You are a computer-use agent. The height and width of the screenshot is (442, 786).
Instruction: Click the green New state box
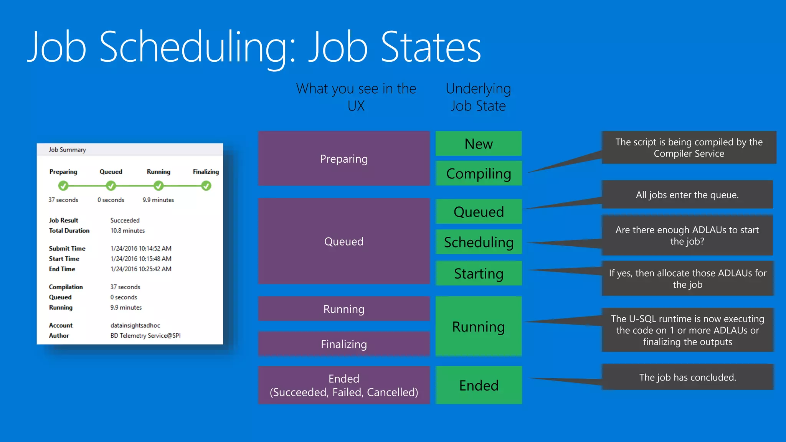click(478, 143)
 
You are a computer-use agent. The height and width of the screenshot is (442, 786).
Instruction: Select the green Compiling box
click(478, 173)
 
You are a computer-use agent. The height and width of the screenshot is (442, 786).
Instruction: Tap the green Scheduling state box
click(478, 242)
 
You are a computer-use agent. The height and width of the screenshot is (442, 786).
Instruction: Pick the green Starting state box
click(478, 273)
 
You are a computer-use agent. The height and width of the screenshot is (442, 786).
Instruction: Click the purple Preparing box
click(343, 158)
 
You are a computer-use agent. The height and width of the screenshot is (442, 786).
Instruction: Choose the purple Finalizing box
click(343, 344)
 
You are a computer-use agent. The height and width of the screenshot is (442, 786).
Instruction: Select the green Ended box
click(478, 385)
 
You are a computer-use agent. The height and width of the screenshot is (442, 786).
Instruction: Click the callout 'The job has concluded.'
click(687, 377)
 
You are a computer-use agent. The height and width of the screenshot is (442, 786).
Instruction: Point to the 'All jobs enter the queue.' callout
click(687, 195)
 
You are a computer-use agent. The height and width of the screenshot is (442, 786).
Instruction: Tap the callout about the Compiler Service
click(689, 148)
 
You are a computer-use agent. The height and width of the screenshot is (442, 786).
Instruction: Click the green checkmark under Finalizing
click(206, 186)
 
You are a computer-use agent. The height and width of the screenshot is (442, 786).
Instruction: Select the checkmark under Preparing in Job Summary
click(63, 186)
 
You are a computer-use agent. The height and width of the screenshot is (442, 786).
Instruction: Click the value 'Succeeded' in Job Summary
click(125, 220)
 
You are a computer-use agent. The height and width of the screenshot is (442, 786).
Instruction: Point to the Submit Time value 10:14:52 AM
click(141, 248)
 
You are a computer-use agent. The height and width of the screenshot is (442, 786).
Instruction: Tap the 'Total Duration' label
click(69, 231)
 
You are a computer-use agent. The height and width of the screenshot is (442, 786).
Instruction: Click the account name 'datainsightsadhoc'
click(135, 325)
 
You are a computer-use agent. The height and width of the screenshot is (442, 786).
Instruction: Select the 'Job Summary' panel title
click(67, 150)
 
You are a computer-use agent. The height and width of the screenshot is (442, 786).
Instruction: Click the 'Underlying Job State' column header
click(478, 97)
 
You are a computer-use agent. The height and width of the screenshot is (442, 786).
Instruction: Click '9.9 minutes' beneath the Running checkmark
click(158, 200)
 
